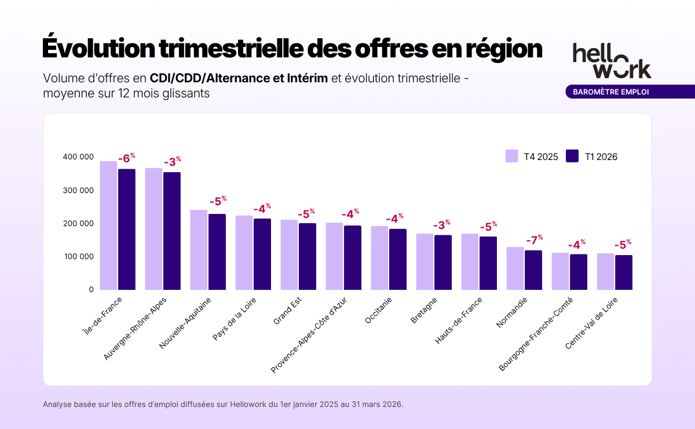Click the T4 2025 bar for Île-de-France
tap(108, 226)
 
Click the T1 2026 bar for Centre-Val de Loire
tap(624, 272)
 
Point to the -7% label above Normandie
tap(534, 240)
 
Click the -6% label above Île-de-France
tap(126, 158)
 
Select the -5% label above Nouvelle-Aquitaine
tap(218, 201)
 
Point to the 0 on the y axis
tap(91, 290)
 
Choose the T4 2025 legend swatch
tap(512, 156)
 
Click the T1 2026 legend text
tap(601, 157)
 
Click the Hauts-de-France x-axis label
tap(458, 320)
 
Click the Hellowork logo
tap(612, 60)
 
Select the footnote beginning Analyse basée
tap(222, 404)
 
